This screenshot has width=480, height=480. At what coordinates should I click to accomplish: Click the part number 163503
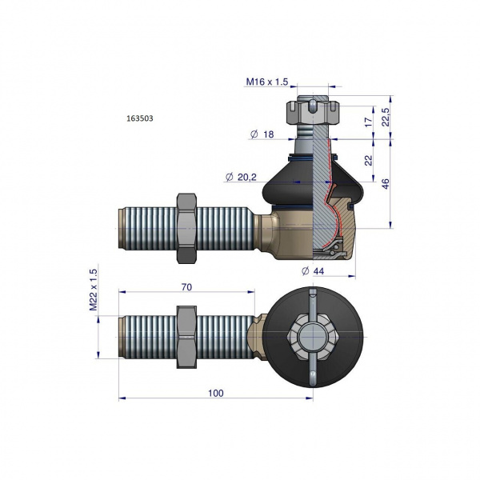coord(140,118)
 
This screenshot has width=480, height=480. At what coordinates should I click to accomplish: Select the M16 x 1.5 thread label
coord(267,82)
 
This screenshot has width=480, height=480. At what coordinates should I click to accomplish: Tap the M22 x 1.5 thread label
coord(94,290)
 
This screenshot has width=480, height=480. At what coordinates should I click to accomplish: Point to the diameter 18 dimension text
coord(262,134)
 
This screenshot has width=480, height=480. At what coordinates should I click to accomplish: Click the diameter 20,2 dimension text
coord(242,177)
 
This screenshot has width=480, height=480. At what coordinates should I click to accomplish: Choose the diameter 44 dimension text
coord(313,271)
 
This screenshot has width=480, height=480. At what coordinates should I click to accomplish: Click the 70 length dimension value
coord(186,287)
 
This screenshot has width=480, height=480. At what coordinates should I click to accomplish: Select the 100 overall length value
coord(216,393)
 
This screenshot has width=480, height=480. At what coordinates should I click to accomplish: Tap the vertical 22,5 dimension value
coord(386,117)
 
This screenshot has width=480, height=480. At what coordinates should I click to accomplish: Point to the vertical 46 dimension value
coord(386,184)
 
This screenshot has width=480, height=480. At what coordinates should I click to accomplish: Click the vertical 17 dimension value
coord(369,122)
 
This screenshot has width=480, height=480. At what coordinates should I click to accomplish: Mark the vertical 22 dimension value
coord(369,161)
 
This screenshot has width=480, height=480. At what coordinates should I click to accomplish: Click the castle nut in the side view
coord(313,111)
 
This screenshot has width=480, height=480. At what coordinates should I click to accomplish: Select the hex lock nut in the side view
coord(186,228)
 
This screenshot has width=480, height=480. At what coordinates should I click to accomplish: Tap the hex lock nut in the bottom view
coord(186,337)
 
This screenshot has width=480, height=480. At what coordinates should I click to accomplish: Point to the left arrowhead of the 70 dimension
coord(122,292)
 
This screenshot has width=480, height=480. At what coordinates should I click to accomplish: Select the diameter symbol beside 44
coord(306,271)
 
